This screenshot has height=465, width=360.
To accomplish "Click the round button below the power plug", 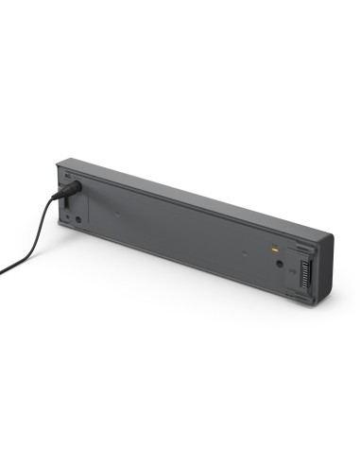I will click(x=78, y=220).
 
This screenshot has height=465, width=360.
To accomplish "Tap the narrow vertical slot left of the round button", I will click(x=63, y=216).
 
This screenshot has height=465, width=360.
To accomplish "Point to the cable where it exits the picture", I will click(x=2, y=272).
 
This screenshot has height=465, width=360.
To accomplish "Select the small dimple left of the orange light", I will click(x=244, y=252).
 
